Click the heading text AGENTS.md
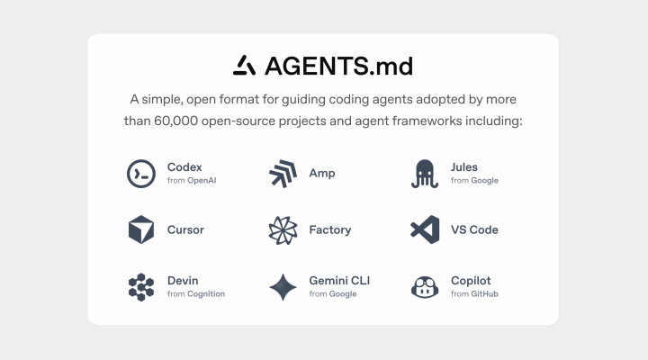click(339, 66)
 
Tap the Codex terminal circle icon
click(141, 174)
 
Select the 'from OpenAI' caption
click(192, 180)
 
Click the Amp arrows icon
click(283, 174)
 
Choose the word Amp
click(322, 173)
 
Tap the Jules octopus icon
click(425, 174)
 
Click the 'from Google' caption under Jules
click(474, 180)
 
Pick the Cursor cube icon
click(141, 229)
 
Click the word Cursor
click(185, 229)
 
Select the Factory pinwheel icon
click(283, 230)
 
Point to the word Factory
click(330, 229)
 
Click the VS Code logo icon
click(425, 229)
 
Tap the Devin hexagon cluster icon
click(141, 287)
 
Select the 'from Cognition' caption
click(196, 294)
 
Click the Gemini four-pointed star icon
click(283, 287)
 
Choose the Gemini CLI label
click(339, 281)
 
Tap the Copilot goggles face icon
click(425, 287)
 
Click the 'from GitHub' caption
click(474, 294)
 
